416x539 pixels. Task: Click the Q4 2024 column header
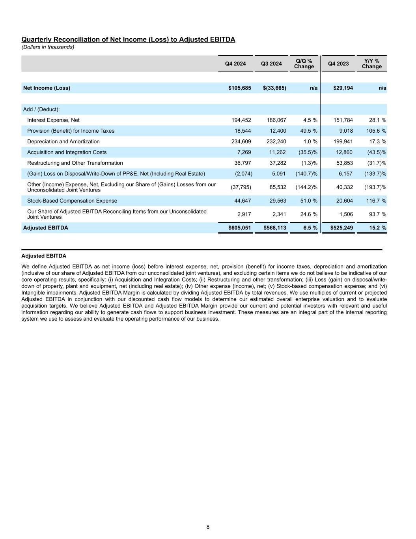tap(235, 64)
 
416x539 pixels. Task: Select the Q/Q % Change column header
tap(304, 64)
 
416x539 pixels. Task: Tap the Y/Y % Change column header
tap(371, 64)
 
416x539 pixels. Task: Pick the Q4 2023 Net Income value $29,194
tap(338, 88)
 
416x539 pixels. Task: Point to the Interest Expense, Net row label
tap(53, 120)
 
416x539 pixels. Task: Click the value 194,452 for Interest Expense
tap(241, 120)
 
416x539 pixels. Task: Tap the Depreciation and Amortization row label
tap(63, 141)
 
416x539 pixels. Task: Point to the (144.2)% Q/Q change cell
tap(306, 187)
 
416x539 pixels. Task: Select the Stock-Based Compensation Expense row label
tap(72, 201)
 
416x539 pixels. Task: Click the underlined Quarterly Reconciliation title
tap(128, 39)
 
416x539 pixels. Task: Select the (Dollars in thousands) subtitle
tap(48, 47)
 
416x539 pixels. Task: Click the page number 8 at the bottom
tap(208, 527)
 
